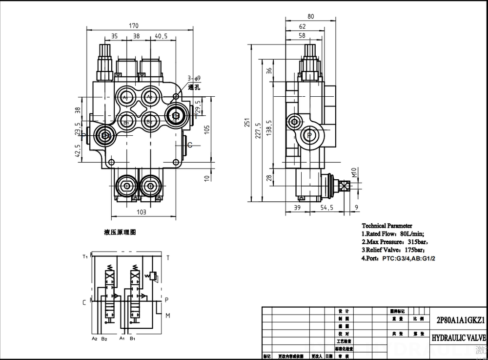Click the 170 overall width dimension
[x=133, y=26]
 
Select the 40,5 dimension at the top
[x=162, y=36]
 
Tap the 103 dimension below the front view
[x=141, y=212]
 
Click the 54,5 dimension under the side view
[x=326, y=208]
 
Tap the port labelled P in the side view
[x=309, y=135]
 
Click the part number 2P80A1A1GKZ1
[x=457, y=320]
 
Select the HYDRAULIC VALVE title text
[x=458, y=338]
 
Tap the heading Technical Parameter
[x=386, y=226]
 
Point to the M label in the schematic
[x=167, y=316]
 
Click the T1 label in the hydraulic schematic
[x=85, y=256]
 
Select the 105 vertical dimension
[x=207, y=129]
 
